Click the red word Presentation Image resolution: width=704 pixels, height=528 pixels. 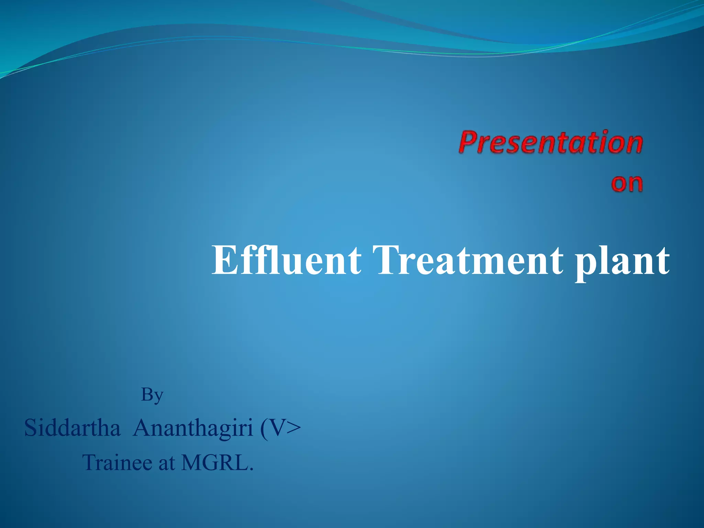click(x=550, y=142)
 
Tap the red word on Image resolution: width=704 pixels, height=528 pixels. click(x=627, y=183)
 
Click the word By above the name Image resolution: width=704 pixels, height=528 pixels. click(x=152, y=395)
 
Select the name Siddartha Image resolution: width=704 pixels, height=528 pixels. click(x=73, y=428)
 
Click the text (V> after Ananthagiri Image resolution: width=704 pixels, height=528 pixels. click(x=280, y=428)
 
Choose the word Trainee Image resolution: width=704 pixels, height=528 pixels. click(x=117, y=462)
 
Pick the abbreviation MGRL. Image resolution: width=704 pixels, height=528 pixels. click(x=217, y=462)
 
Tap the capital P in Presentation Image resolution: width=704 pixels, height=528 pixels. click(x=469, y=142)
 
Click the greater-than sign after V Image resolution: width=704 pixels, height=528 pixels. click(x=293, y=428)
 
